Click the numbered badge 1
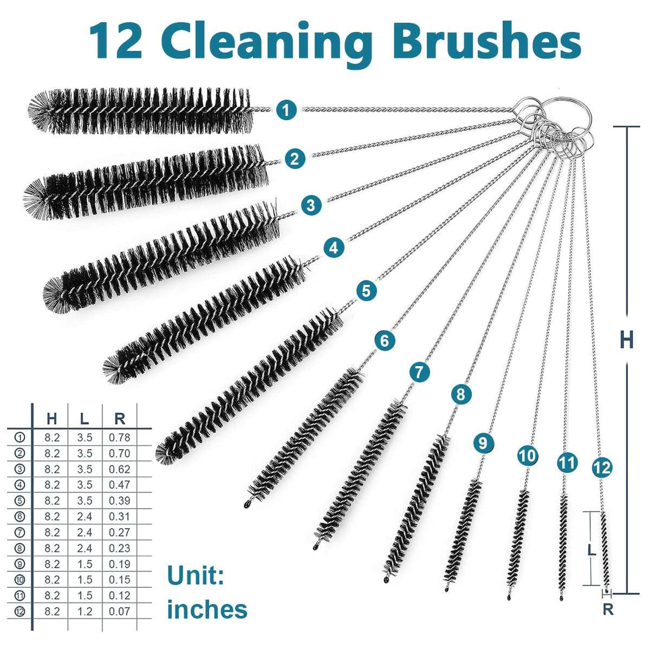coord(286,110)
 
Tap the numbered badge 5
coord(366,291)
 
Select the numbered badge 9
coord(483,443)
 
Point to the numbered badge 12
coord(602,467)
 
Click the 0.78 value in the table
coord(119,438)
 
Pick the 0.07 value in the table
coord(119,612)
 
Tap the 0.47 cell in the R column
coord(119,485)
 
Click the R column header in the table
coord(120,418)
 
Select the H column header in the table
coord(52,418)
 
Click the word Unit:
coord(196,575)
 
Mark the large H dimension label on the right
coord(627,340)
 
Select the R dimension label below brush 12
coord(608,609)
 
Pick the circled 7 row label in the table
coord(19,532)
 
